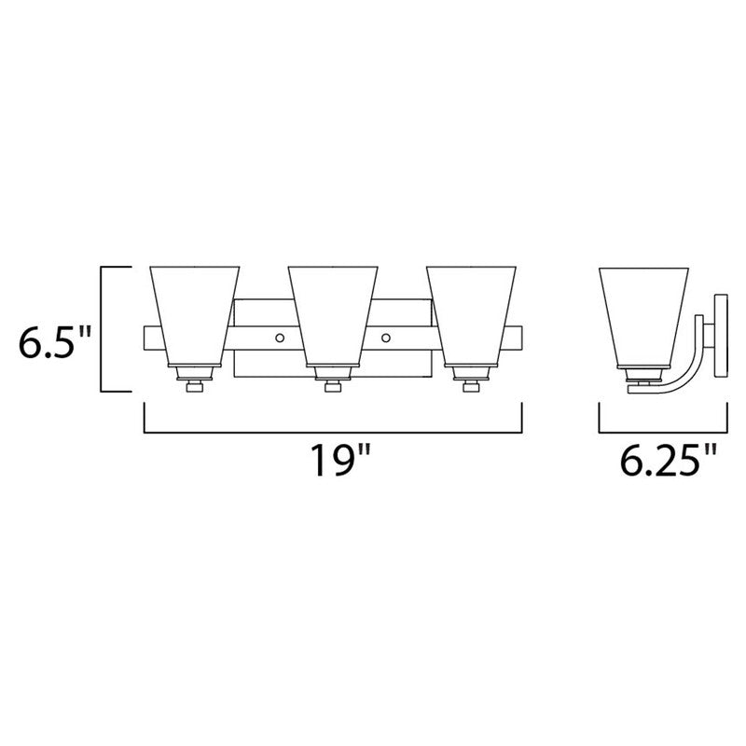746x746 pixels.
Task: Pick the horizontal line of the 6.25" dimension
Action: tap(661, 432)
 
